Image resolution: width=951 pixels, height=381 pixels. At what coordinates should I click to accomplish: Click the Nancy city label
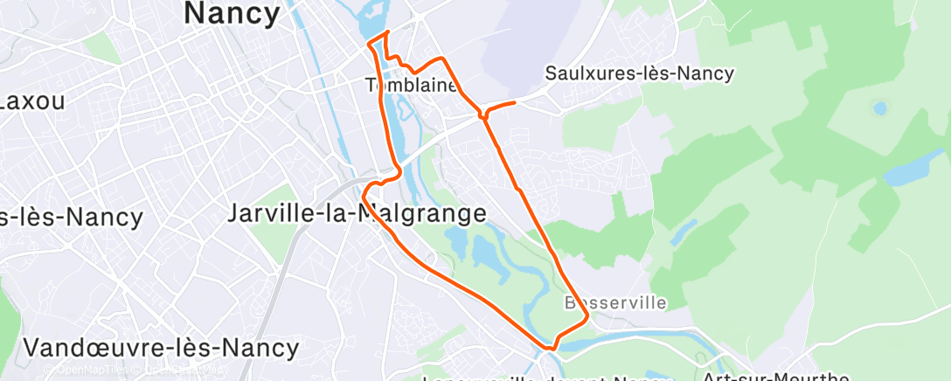233,12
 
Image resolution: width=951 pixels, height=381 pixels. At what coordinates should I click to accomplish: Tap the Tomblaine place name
411,85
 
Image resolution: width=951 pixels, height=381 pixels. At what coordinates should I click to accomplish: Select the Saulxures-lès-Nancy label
639,73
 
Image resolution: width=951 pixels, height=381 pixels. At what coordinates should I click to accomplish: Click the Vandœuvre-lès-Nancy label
161,347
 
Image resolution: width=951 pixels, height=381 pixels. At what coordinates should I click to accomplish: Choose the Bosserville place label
615,302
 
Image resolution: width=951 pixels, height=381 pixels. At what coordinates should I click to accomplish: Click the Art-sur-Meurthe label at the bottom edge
776,377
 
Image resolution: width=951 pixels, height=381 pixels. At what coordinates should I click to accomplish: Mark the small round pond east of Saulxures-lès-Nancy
879,109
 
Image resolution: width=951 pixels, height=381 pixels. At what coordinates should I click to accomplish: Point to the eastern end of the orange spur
515,102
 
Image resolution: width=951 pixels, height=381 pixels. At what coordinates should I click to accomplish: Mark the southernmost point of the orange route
550,350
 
